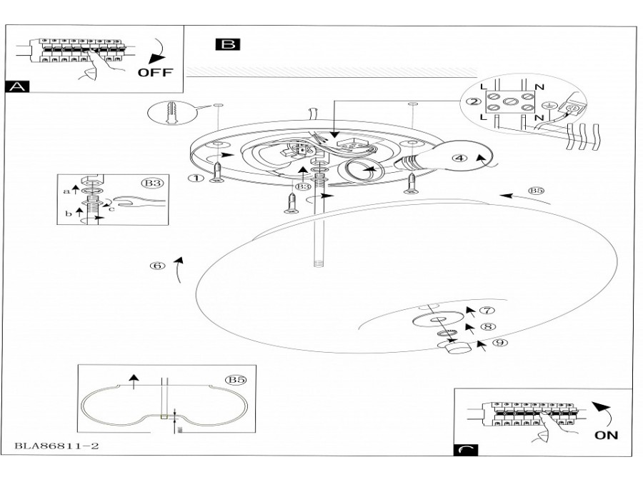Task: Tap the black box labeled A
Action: click(17, 86)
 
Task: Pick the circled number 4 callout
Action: click(460, 159)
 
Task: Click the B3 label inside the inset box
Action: click(151, 184)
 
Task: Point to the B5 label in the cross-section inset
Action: click(235, 380)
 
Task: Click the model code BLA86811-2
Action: click(56, 446)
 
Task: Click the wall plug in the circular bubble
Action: click(169, 113)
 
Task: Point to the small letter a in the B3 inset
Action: click(66, 191)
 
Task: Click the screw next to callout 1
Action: click(217, 172)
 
